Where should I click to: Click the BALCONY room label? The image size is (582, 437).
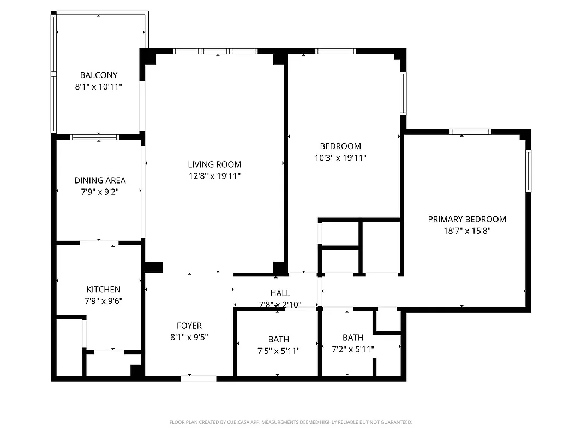coord(98,75)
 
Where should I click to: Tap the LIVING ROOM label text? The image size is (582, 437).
coord(214,164)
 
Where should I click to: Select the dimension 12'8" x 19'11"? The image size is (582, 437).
coord(214,176)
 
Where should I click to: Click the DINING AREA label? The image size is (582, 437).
coord(100,180)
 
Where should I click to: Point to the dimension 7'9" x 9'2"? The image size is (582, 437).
coord(100,192)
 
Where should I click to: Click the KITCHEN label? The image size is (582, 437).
coord(104,290)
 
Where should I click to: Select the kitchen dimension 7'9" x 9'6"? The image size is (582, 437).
coord(104,300)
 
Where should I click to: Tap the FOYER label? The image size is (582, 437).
coord(189,326)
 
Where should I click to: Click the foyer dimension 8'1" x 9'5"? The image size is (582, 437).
coord(189,338)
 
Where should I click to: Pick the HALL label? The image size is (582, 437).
coord(280,293)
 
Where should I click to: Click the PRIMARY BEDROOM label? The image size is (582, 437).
coord(466,219)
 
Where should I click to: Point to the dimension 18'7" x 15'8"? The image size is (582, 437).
coord(466,231)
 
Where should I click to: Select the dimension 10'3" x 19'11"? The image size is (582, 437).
coord(340,158)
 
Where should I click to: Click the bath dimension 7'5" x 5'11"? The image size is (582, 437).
coord(278,351)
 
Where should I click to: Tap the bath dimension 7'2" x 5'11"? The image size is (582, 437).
coord(353,349)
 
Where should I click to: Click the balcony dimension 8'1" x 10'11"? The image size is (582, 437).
coord(98,86)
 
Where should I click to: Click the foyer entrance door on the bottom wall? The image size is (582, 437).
coord(199,378)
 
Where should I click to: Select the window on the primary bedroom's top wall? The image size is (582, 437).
coord(470,132)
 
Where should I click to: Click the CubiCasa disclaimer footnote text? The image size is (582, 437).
coord(291,422)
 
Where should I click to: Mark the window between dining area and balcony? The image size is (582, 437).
coord(94,137)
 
